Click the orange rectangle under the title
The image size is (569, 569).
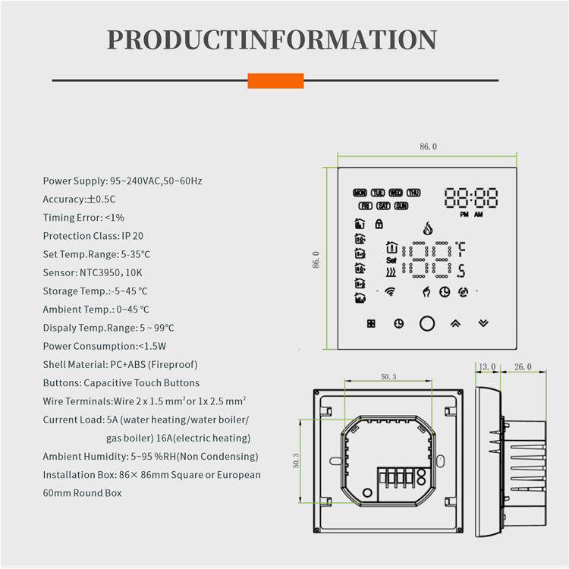(x=275, y=80)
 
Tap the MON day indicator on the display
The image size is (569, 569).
(x=360, y=193)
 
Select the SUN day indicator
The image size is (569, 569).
(x=401, y=206)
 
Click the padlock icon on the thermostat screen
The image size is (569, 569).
(x=379, y=224)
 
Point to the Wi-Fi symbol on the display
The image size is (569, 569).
(x=390, y=291)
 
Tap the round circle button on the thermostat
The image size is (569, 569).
(x=427, y=323)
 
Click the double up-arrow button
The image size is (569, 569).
(x=455, y=323)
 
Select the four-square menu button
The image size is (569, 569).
(x=371, y=323)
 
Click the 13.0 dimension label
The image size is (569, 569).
(x=487, y=367)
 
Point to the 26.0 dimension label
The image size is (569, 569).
(x=523, y=367)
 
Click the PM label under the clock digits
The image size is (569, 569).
(x=464, y=215)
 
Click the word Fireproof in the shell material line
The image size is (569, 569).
(x=173, y=364)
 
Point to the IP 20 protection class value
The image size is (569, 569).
(x=133, y=236)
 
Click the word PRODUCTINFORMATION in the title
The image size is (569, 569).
(x=272, y=39)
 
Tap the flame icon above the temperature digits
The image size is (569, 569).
(x=428, y=228)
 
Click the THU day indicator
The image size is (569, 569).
(x=413, y=193)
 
